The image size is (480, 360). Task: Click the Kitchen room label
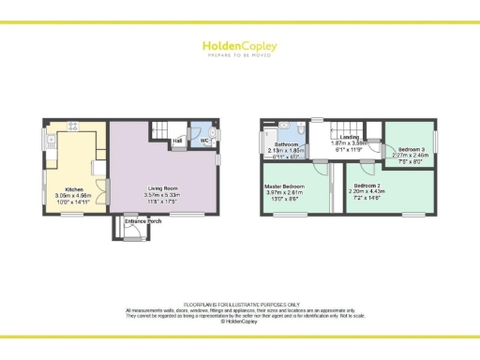click(73, 188)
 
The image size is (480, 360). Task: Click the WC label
click(202, 141)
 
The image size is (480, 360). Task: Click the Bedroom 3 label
click(411, 150)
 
